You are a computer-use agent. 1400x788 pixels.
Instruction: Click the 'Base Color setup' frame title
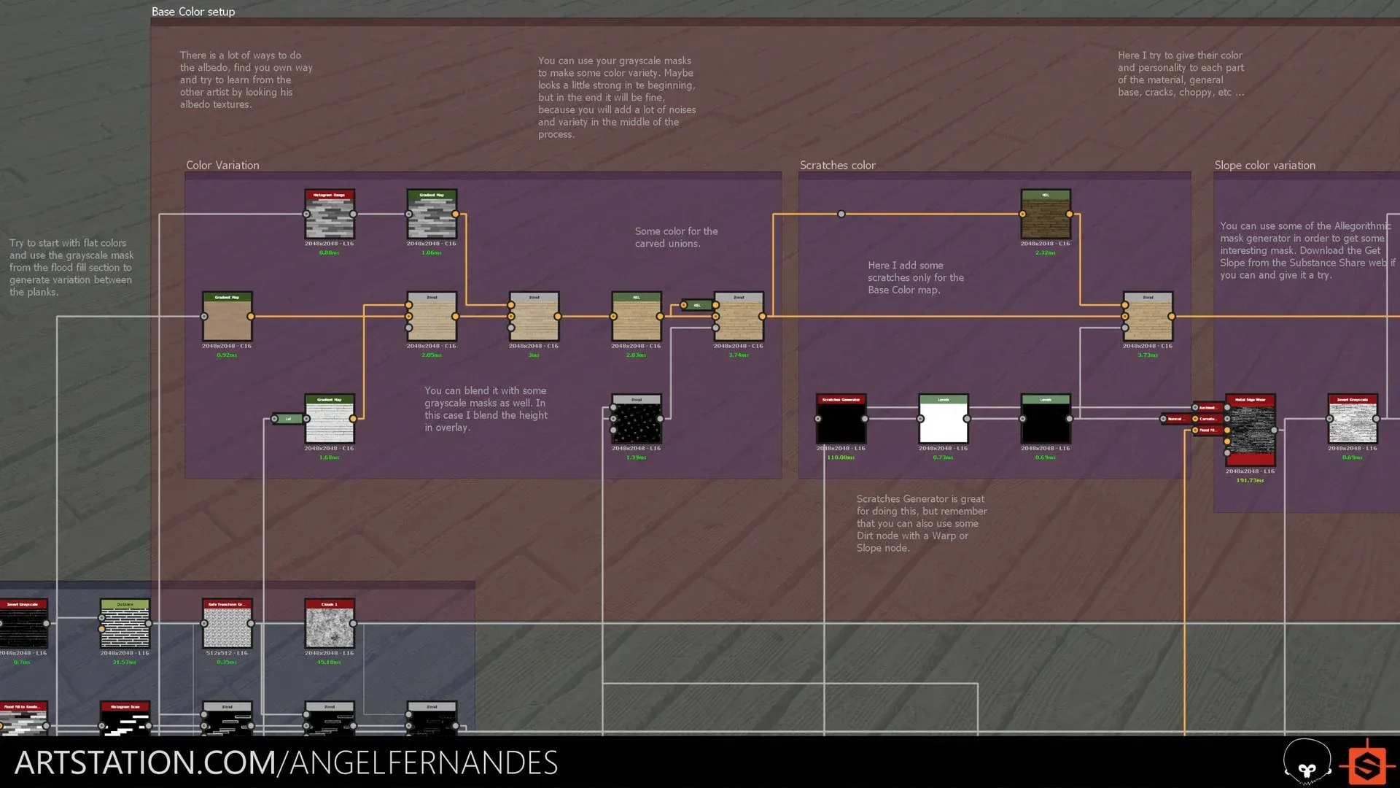click(193, 12)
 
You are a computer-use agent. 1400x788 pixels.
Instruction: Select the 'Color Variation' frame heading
click(222, 166)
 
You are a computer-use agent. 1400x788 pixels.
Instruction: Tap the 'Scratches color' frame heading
click(837, 166)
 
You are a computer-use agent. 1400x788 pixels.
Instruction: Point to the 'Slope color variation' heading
click(1264, 166)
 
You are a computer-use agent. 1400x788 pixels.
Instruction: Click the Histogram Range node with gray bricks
click(330, 215)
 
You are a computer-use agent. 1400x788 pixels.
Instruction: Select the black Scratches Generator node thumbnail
click(841, 420)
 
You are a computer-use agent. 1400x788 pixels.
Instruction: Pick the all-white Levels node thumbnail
click(943, 420)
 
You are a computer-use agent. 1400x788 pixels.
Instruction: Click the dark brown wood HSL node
click(1046, 215)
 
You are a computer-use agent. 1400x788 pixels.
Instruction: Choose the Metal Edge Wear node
click(1250, 430)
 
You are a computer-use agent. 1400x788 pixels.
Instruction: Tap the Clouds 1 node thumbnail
click(330, 625)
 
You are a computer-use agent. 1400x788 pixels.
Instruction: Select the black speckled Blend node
click(637, 420)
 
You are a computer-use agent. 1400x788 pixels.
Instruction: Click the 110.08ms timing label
click(841, 457)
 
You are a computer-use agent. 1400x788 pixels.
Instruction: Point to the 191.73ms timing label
click(1250, 481)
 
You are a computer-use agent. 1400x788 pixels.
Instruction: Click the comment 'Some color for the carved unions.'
click(676, 237)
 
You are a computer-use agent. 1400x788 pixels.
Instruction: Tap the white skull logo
click(1307, 762)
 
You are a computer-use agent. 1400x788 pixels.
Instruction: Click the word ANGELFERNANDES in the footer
click(424, 763)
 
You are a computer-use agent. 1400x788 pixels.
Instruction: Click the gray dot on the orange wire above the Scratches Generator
click(841, 215)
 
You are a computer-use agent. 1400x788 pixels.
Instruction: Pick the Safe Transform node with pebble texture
click(227, 625)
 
